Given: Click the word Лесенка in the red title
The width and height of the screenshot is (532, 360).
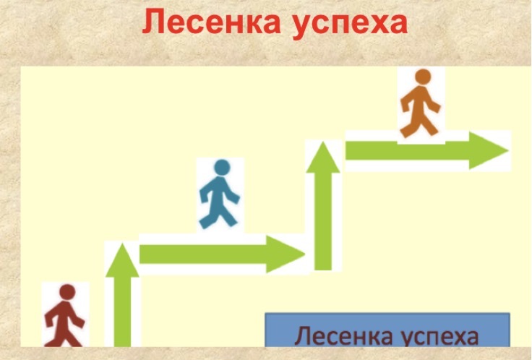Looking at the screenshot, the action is click(x=211, y=22).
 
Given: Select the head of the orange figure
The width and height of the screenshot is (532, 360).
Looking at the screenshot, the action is click(x=423, y=77).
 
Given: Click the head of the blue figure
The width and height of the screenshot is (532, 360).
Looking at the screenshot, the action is click(x=222, y=167).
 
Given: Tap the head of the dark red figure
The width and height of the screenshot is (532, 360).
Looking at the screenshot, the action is click(x=67, y=292).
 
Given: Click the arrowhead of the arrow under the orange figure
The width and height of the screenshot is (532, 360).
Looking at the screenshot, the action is click(x=489, y=150).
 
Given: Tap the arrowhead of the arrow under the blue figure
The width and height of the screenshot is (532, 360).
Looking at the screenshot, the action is click(x=286, y=254).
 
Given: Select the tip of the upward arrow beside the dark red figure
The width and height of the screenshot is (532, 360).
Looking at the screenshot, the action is click(x=122, y=244).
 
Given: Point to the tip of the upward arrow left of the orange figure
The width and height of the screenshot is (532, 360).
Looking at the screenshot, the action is click(x=323, y=142).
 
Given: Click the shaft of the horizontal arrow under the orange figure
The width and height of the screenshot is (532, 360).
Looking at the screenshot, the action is click(x=408, y=150).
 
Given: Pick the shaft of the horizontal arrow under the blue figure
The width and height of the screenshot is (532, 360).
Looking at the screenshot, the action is click(x=203, y=254).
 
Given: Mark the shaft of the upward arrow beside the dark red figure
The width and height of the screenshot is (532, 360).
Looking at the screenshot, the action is click(x=122, y=312).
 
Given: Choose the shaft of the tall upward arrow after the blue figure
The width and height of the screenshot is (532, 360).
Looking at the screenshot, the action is click(x=323, y=221).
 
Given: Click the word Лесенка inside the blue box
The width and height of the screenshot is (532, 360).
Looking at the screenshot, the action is click(x=343, y=335).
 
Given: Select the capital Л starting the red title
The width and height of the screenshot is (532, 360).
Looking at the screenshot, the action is click(x=152, y=22).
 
